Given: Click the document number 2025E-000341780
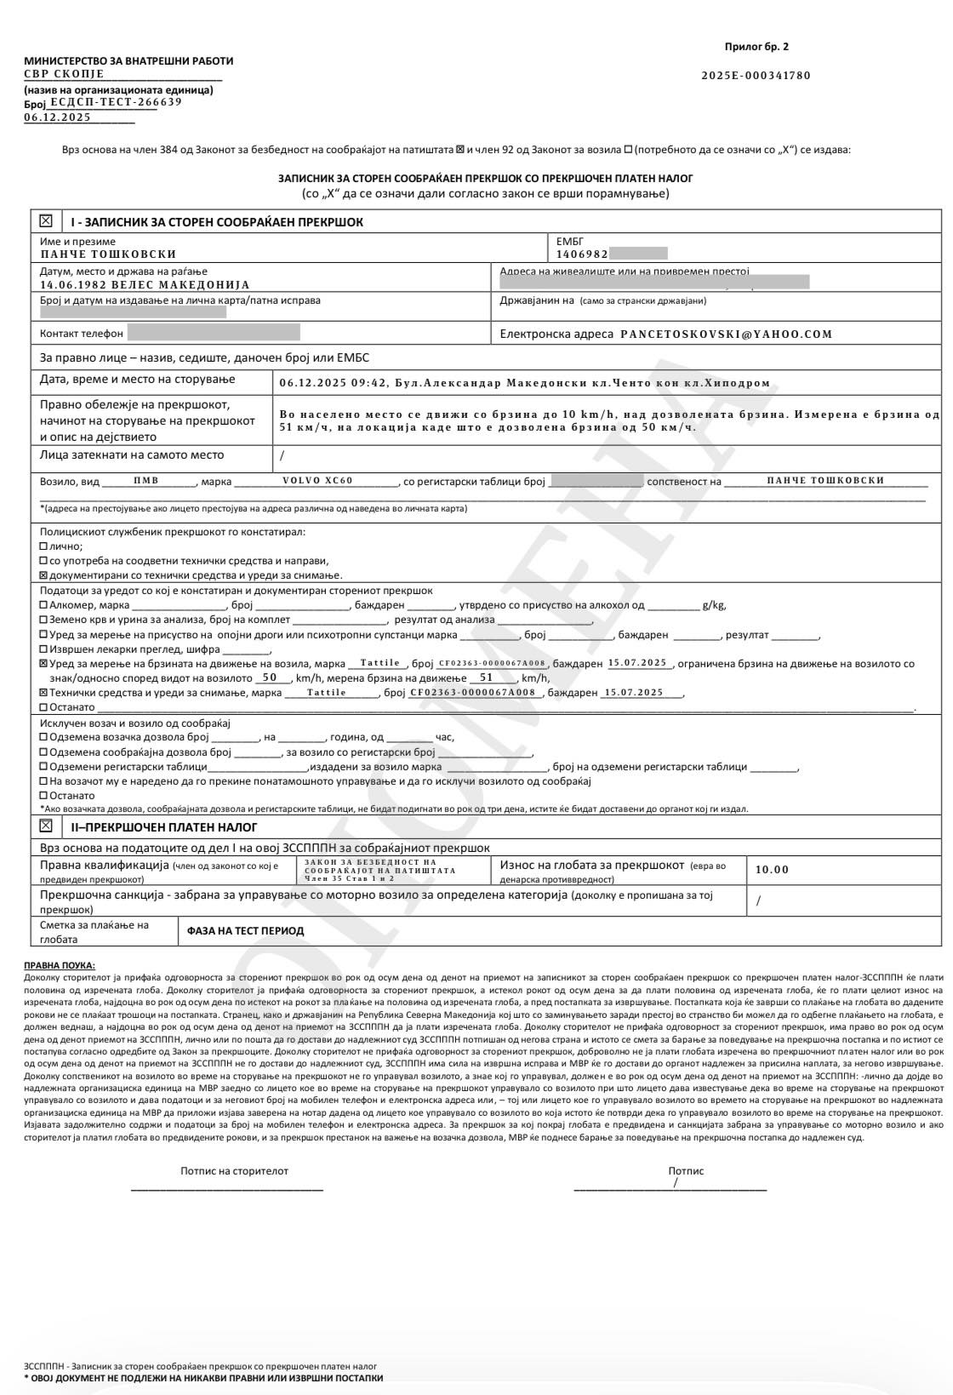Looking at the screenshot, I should tap(756, 75).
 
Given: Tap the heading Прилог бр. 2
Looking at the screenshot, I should tap(756, 47).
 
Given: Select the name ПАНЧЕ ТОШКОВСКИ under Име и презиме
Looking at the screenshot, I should tap(108, 254).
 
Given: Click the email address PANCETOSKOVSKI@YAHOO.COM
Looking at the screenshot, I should tap(726, 334).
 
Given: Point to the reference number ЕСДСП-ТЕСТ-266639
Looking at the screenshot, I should tap(116, 102).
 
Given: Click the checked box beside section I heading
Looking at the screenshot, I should tap(46, 221).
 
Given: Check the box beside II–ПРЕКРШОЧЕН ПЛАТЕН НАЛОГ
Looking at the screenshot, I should tap(46, 826).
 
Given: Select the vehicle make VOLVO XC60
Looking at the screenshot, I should tap(317, 481).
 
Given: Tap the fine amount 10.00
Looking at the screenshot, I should tap(772, 869).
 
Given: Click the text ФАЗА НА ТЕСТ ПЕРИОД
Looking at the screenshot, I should tap(245, 930).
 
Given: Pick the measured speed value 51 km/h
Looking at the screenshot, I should tap(487, 677).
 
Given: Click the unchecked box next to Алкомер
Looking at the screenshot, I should tap(44, 605).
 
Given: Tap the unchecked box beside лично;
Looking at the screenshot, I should tap(44, 546).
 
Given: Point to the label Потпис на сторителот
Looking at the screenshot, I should tap(234, 1170).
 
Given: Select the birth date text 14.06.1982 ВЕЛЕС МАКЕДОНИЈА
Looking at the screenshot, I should tap(145, 285).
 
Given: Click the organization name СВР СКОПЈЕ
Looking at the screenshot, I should tap(64, 74).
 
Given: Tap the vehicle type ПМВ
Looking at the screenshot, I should tap(146, 481).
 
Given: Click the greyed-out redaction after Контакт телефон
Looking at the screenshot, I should tap(214, 333).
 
